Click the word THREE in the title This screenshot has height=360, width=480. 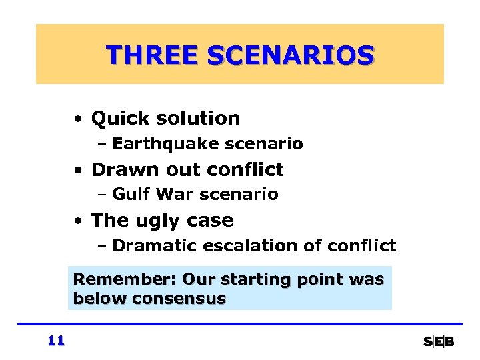153,55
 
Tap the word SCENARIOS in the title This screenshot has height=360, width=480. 290,55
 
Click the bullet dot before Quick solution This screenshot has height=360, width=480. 79,120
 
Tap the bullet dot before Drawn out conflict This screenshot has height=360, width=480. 79,171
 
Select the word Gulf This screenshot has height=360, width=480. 127,195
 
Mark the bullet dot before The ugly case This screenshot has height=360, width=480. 79,221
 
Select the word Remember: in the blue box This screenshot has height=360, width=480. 125,279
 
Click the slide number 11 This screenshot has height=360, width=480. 56,341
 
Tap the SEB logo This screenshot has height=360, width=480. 439,341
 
